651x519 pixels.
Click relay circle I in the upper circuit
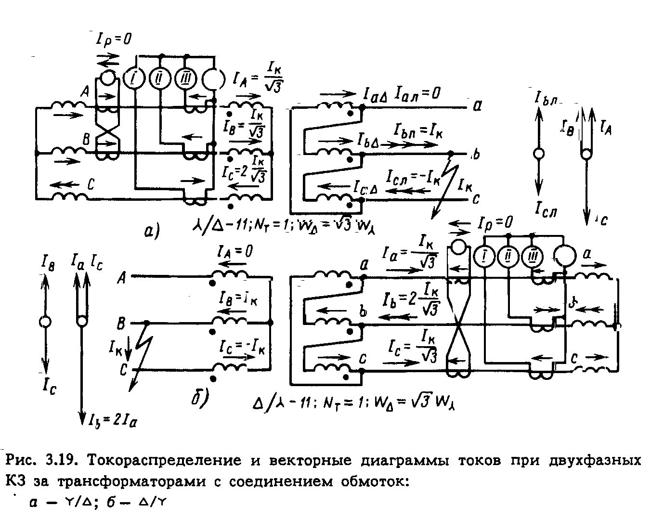pos(134,78)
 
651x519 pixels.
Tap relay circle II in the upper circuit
pos(159,78)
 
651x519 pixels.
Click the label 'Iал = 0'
pos(417,93)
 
